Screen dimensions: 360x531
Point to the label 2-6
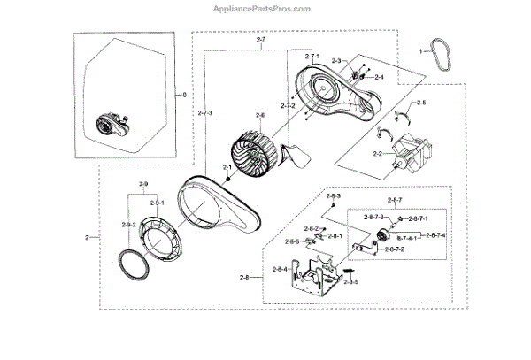260,116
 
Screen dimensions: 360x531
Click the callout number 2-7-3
204,112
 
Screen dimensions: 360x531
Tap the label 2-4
379,78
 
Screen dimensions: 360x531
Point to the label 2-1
227,168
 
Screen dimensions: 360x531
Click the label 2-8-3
333,195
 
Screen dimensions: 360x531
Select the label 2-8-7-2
395,250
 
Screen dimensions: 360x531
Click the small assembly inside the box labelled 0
111,126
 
